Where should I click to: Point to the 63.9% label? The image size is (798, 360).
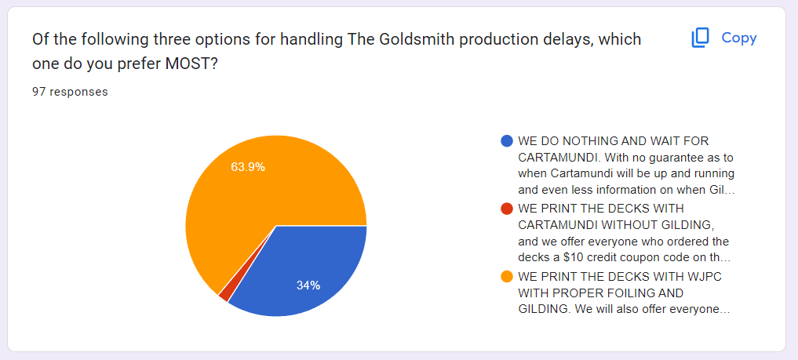click(x=248, y=167)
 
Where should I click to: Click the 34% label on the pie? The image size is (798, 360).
click(x=308, y=285)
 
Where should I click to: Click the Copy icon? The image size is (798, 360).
click(x=700, y=38)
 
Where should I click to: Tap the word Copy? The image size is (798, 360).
click(x=739, y=38)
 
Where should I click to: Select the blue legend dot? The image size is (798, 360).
click(x=506, y=141)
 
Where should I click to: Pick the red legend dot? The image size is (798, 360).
click(x=506, y=209)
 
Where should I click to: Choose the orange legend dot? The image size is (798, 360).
click(x=506, y=277)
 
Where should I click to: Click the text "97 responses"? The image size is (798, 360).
click(x=70, y=92)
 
